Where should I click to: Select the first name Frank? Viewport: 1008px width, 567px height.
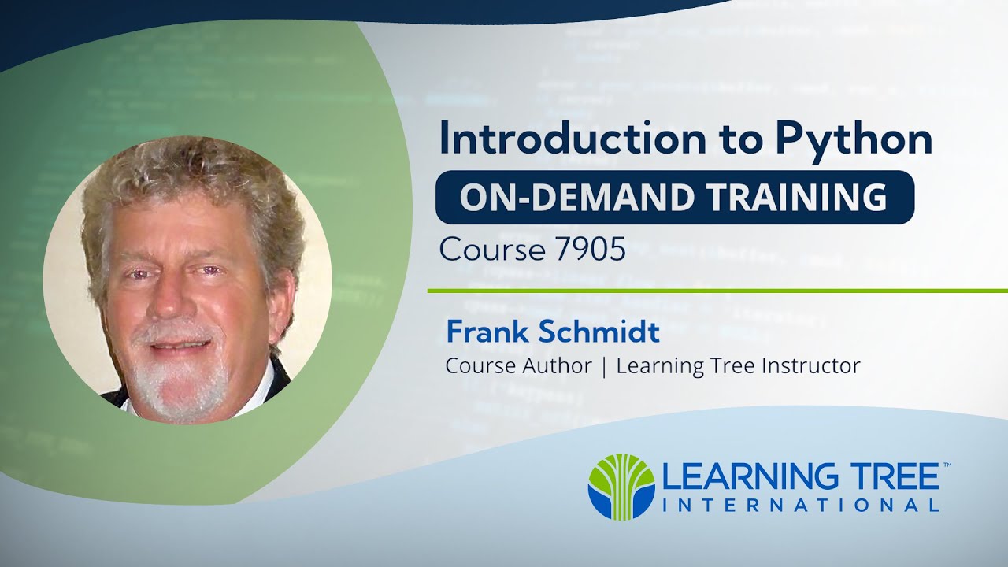(x=485, y=332)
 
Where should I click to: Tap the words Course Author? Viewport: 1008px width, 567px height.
(x=518, y=366)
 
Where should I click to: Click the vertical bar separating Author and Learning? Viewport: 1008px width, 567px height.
(x=604, y=367)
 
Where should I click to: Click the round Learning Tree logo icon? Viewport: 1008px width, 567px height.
(x=621, y=487)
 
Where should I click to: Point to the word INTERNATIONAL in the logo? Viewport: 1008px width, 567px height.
(x=801, y=505)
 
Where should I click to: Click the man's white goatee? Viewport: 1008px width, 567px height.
(x=177, y=386)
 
